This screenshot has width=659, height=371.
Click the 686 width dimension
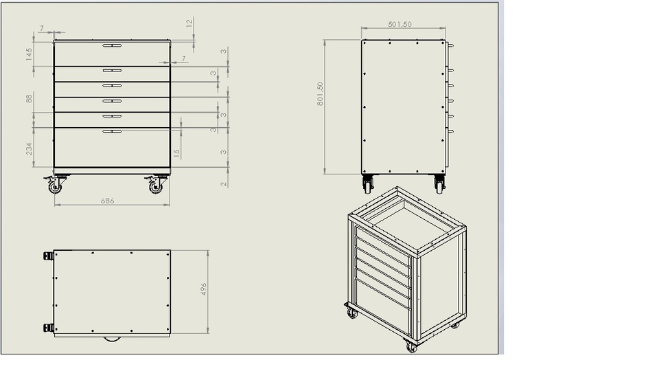pyautogui.click(x=107, y=201)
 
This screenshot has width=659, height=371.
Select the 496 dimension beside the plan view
pyautogui.click(x=204, y=289)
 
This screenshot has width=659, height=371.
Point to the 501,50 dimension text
pyautogui.click(x=400, y=24)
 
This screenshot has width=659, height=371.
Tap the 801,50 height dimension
pyautogui.click(x=320, y=94)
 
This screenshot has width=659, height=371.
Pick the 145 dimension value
pyautogui.click(x=30, y=54)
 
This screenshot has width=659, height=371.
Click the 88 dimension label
pyautogui.click(x=30, y=98)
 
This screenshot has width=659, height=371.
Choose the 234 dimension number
pyautogui.click(x=30, y=148)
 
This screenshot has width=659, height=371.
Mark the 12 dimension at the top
pyautogui.click(x=189, y=23)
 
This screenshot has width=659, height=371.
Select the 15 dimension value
pyautogui.click(x=177, y=153)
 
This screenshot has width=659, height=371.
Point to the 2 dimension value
pyautogui.click(x=224, y=183)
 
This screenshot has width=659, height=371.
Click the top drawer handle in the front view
pyautogui.click(x=112, y=46)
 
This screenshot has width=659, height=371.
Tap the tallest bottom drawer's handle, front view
pyautogui.click(x=112, y=131)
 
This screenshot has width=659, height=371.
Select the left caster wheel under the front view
pyautogui.click(x=55, y=185)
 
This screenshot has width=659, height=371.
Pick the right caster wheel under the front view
pyautogui.click(x=157, y=185)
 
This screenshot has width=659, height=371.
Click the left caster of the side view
pyautogui.click(x=368, y=184)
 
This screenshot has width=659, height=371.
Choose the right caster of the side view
pyautogui.click(x=439, y=184)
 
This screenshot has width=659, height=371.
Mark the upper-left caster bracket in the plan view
pyautogui.click(x=49, y=256)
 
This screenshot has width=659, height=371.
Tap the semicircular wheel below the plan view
pyautogui.click(x=112, y=339)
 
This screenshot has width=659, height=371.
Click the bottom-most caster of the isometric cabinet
pyautogui.click(x=411, y=347)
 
